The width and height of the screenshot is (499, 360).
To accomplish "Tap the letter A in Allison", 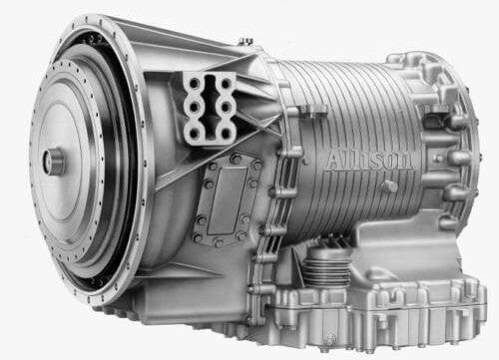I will (x=334, y=161).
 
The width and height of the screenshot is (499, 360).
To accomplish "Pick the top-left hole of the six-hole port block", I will (x=192, y=85).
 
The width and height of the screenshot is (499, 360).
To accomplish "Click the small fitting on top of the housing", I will (x=246, y=42).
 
